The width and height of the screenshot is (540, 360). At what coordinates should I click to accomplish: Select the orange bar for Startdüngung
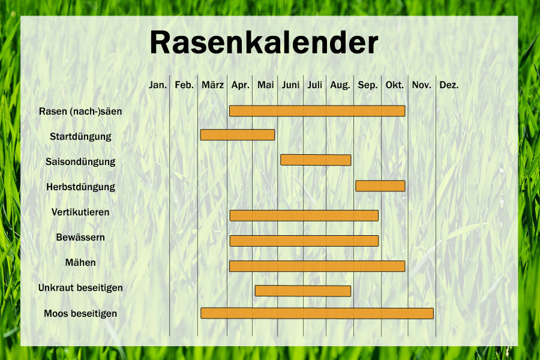coord(238,135)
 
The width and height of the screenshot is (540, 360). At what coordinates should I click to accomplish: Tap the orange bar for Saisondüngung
coord(316,160)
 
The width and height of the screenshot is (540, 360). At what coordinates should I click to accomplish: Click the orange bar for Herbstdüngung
coord(380,186)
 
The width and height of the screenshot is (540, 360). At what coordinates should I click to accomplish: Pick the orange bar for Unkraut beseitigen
coord(303,291)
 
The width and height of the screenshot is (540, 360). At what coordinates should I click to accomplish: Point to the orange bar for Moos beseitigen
coord(317,313)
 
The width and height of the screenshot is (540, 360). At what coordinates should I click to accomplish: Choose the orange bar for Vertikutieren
coord(304,215)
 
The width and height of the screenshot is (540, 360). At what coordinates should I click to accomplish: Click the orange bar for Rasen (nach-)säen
coord(317,111)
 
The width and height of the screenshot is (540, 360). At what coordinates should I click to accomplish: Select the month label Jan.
coord(158,85)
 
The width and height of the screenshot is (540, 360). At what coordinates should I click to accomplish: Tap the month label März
coord(212,85)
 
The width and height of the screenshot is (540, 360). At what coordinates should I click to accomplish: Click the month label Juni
coord(290,85)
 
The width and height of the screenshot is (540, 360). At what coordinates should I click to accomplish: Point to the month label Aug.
coord(340,85)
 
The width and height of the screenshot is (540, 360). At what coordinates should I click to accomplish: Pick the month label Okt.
coord(394,85)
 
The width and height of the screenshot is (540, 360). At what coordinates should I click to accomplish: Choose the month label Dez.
coord(449,85)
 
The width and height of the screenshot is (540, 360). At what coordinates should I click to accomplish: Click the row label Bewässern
coord(80,238)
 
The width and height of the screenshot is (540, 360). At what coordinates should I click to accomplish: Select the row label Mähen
coord(80,263)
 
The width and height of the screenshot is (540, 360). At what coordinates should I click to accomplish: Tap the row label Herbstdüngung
coord(80,187)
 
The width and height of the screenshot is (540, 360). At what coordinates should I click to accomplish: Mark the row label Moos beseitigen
coord(80,314)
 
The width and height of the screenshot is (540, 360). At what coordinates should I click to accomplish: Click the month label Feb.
coord(184,85)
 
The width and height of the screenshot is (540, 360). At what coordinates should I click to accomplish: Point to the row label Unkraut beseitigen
coord(80,288)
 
